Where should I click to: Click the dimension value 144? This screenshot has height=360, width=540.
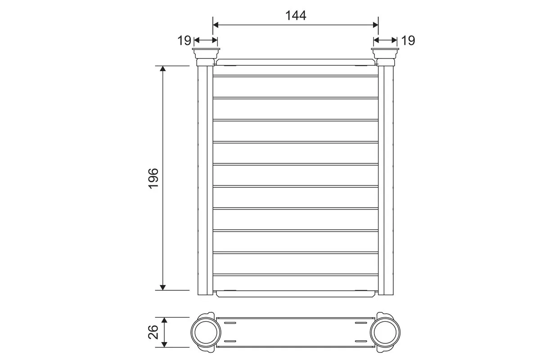point(295,15)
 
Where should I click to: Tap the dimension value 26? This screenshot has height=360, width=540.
point(153,332)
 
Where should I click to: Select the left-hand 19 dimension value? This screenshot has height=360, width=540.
point(184,40)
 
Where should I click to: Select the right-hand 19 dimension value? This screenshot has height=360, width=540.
point(408,40)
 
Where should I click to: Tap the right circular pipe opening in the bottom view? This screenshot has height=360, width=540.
point(385,332)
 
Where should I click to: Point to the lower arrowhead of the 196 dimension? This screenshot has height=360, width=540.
point(163,287)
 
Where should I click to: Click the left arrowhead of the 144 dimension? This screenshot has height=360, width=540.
point(216,25)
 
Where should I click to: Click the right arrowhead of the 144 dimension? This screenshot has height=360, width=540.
point(375,25)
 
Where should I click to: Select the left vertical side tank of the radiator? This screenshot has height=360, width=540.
point(205,180)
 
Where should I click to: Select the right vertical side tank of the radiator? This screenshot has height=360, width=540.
point(386,180)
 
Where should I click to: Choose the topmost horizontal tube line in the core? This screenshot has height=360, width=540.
point(295,76)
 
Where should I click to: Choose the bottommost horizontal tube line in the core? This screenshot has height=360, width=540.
point(295,274)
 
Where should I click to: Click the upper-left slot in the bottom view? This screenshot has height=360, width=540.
point(229,323)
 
